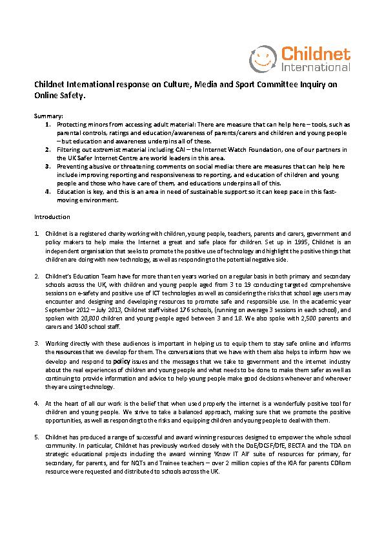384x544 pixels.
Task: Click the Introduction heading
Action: point(52,217)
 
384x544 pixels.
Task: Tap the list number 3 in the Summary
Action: point(48,166)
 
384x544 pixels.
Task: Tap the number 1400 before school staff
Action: point(64,326)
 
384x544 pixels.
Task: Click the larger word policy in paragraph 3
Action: point(122,362)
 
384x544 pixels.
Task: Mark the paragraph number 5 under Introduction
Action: point(37,437)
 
